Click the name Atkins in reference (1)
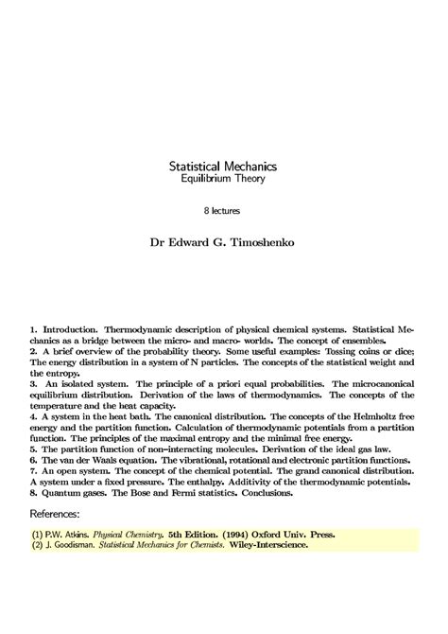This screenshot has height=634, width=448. (64, 534)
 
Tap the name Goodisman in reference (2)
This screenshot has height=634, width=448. (77, 547)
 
